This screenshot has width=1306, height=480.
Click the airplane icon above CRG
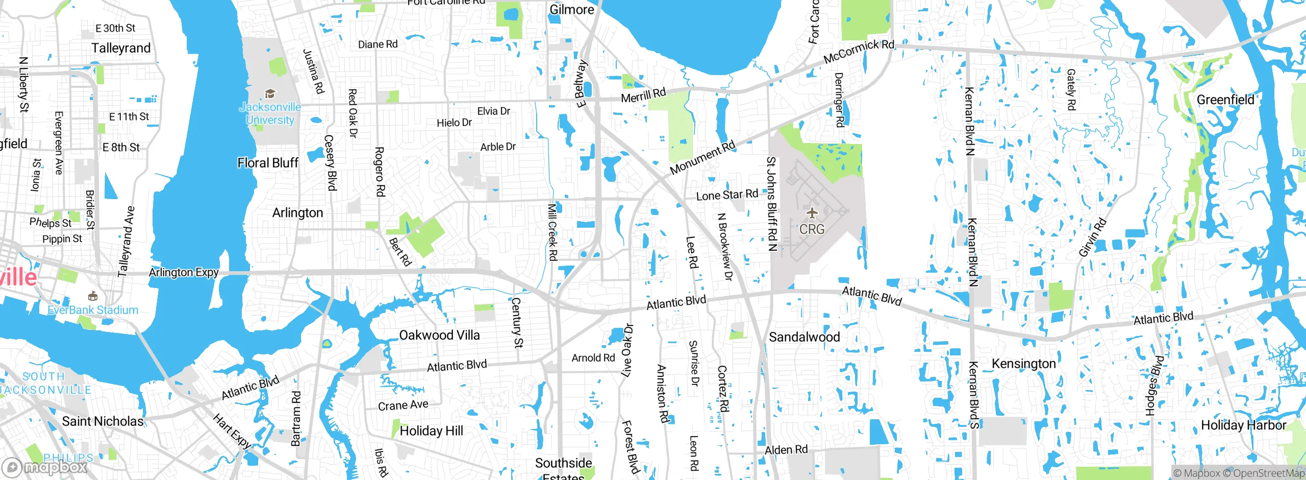[812, 212]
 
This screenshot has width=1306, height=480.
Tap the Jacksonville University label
[270, 113]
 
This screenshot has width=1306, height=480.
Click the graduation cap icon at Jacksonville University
[270, 93]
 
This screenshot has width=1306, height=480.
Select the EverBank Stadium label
[93, 310]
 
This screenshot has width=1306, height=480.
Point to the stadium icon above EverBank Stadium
[92, 296]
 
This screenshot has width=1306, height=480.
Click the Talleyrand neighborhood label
[121, 48]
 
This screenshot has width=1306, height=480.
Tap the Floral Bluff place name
[268, 163]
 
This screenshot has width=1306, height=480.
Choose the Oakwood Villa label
[439, 335]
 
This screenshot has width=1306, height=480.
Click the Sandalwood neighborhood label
[804, 337]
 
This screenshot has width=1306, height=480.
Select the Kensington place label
[1023, 364]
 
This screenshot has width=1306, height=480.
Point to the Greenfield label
[1225, 100]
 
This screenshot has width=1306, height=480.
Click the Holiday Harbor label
[1243, 425]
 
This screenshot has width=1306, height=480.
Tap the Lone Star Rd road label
[727, 195]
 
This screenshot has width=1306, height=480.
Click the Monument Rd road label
[702, 157]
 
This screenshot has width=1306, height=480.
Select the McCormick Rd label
[859, 51]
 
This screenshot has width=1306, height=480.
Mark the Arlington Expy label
[184, 272]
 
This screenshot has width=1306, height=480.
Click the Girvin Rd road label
[1092, 237]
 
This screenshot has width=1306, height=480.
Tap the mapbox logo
[44, 467]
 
